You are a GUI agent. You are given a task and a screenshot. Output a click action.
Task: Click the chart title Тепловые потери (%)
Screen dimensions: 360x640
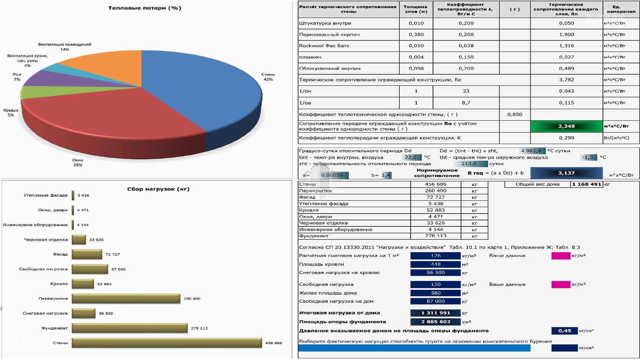click(x=145, y=8)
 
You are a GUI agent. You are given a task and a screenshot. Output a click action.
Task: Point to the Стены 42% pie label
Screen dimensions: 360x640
click(x=268, y=77)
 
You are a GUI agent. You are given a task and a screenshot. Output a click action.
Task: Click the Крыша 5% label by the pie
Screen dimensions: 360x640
click(x=11, y=113)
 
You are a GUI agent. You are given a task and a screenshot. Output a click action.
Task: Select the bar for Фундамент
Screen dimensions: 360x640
click(x=129, y=328)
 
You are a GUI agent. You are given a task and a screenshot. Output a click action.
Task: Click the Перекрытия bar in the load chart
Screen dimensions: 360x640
click(x=126, y=298)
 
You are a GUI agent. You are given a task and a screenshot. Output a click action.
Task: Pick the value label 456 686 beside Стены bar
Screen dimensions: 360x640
click(x=273, y=343)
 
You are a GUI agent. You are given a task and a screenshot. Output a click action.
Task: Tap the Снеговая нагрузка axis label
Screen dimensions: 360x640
click(x=45, y=313)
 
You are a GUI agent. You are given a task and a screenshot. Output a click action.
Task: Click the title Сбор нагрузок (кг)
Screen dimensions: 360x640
click(x=158, y=189)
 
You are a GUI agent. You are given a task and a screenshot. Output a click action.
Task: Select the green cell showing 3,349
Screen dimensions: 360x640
click(x=566, y=126)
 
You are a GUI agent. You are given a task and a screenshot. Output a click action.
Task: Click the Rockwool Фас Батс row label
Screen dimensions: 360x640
click(x=324, y=46)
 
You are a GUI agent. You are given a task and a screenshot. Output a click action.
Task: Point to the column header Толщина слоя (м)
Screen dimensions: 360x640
click(x=415, y=9)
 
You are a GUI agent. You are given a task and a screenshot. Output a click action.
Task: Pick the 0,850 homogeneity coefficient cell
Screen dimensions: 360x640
click(x=515, y=114)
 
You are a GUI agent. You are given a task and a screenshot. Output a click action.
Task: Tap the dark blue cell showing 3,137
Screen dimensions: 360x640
click(x=566, y=173)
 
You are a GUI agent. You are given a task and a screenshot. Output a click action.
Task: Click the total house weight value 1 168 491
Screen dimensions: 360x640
click(x=587, y=184)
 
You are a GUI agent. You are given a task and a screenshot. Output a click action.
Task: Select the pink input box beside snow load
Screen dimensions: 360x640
click(x=561, y=256)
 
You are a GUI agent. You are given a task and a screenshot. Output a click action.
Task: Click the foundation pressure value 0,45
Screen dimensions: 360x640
click(x=564, y=331)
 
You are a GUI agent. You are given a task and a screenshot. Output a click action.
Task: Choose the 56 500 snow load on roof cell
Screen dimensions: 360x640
click(x=435, y=273)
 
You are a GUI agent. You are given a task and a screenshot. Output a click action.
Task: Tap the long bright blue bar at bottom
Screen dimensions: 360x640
click(x=414, y=348)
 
